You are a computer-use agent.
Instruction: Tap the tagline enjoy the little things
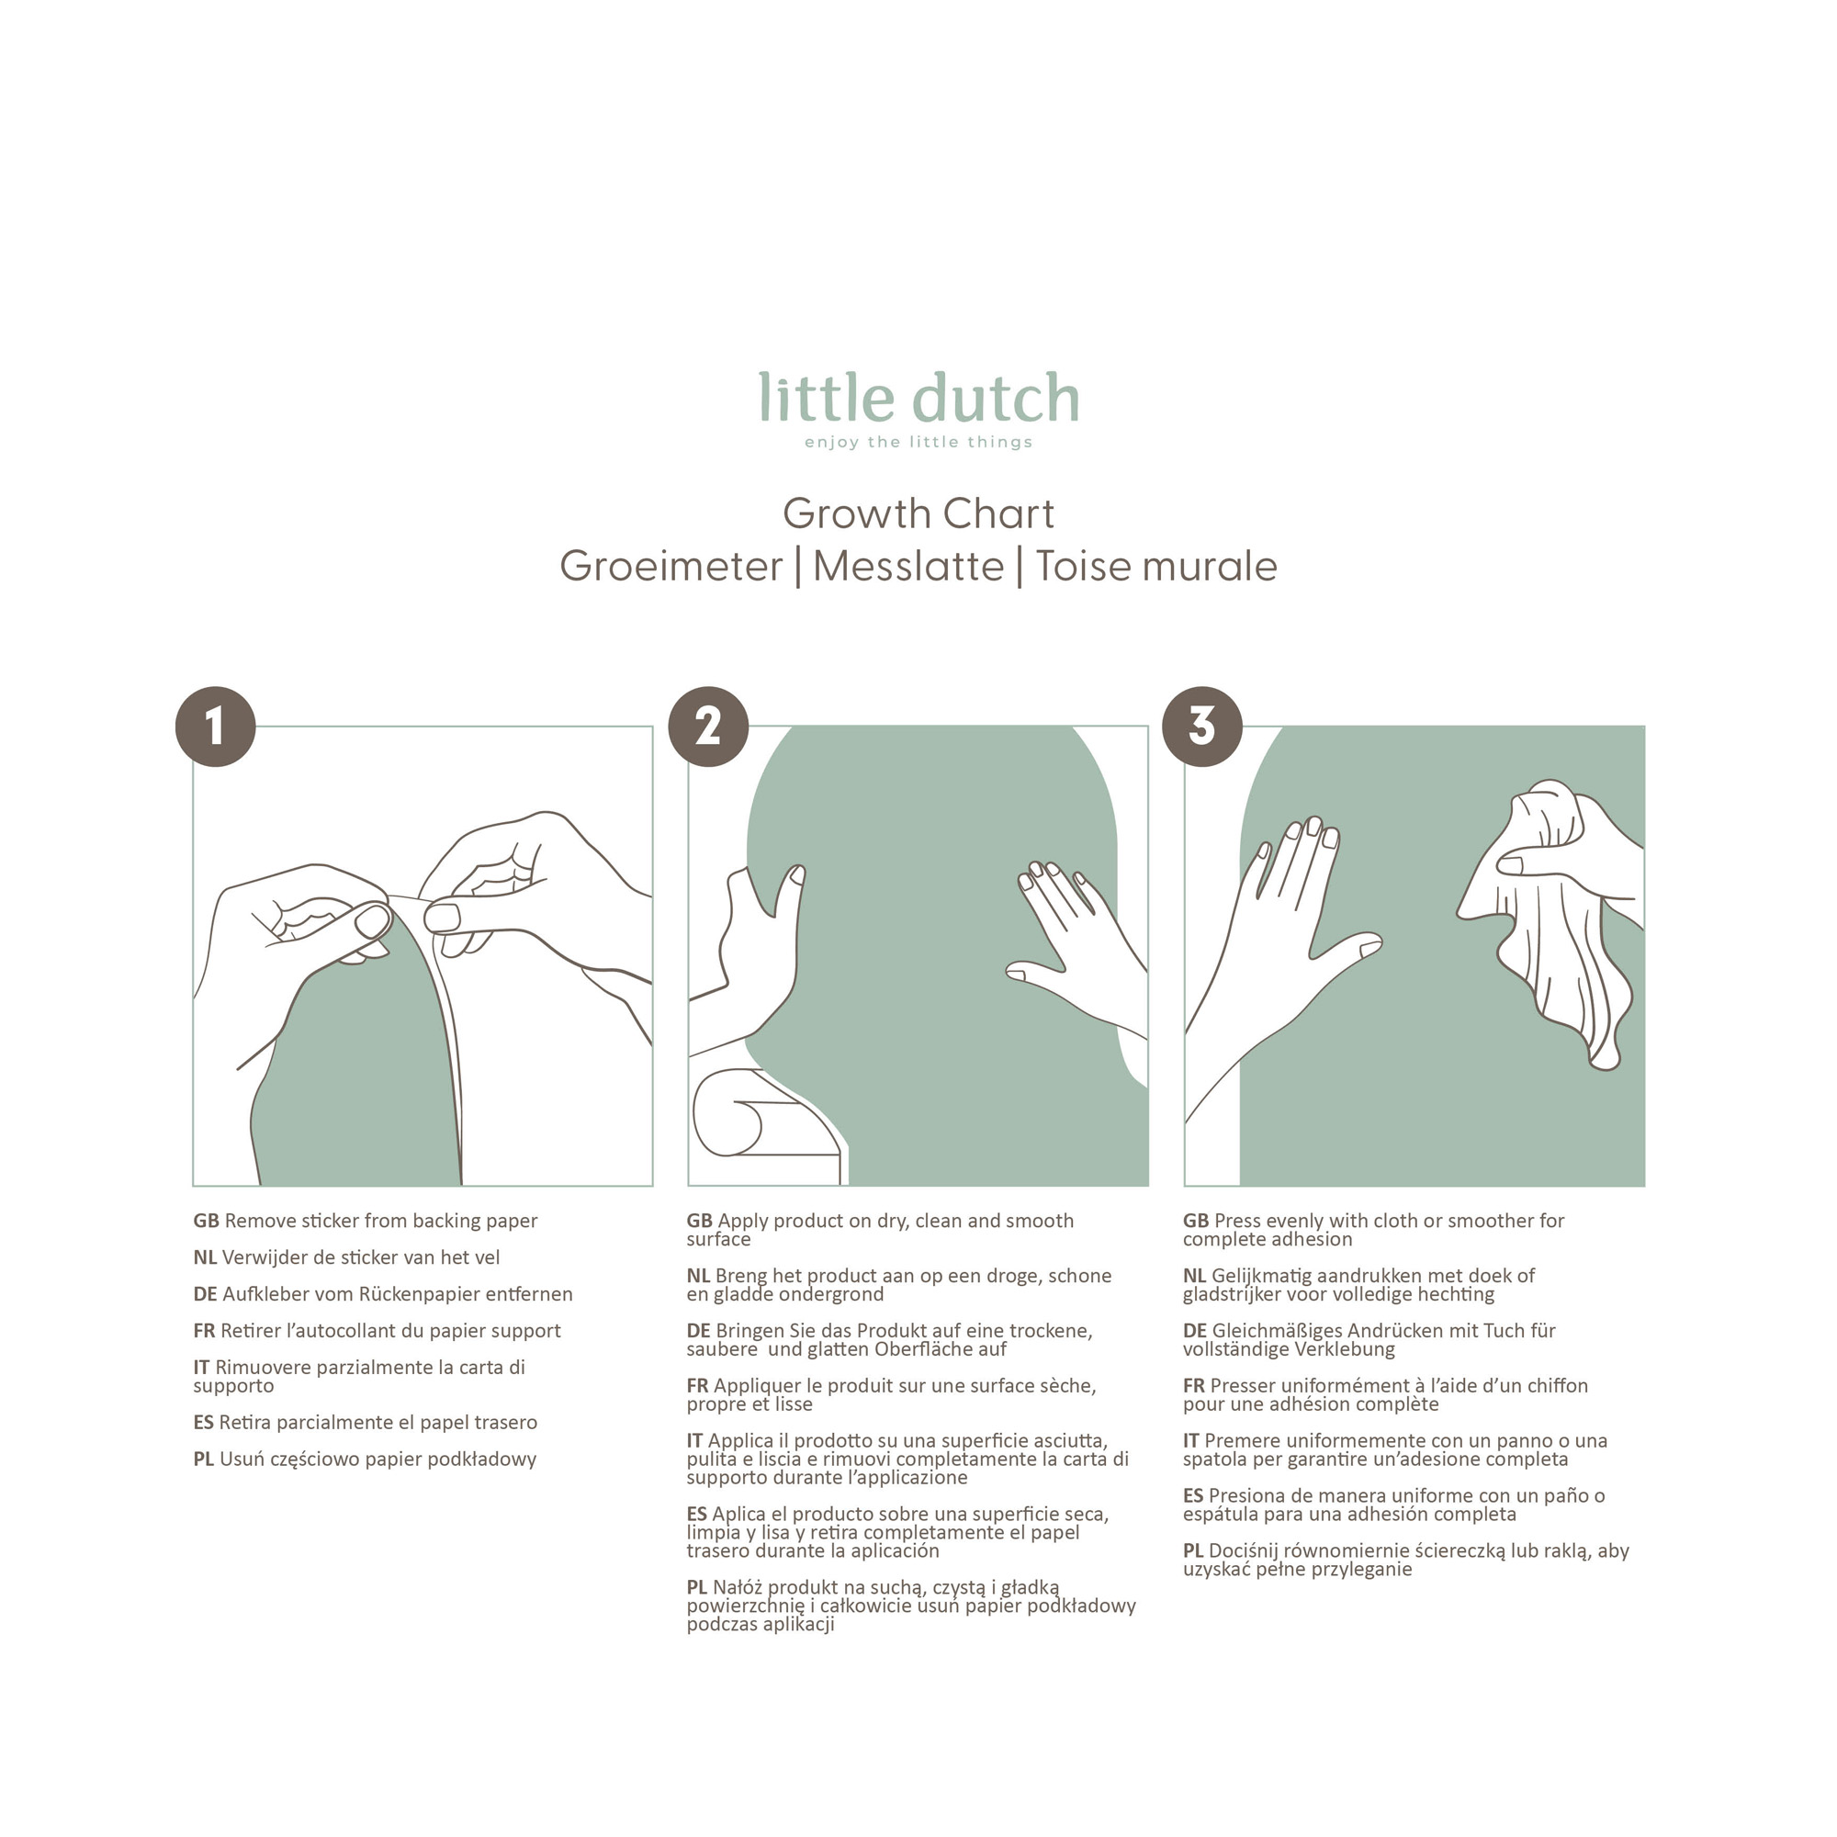[918, 442]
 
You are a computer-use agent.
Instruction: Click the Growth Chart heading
[918, 514]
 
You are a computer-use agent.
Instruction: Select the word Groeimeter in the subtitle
[671, 567]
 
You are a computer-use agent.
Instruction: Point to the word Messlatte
[908, 567]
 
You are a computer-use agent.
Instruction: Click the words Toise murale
[1156, 567]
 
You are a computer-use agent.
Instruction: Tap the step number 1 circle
[216, 727]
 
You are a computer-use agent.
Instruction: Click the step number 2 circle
[708, 727]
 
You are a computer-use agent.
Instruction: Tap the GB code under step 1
[207, 1221]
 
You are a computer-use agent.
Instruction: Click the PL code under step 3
[1193, 1550]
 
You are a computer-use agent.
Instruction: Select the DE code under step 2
[699, 1331]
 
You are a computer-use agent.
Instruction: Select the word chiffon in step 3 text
[1558, 1386]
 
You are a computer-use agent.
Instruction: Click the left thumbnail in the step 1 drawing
[373, 921]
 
